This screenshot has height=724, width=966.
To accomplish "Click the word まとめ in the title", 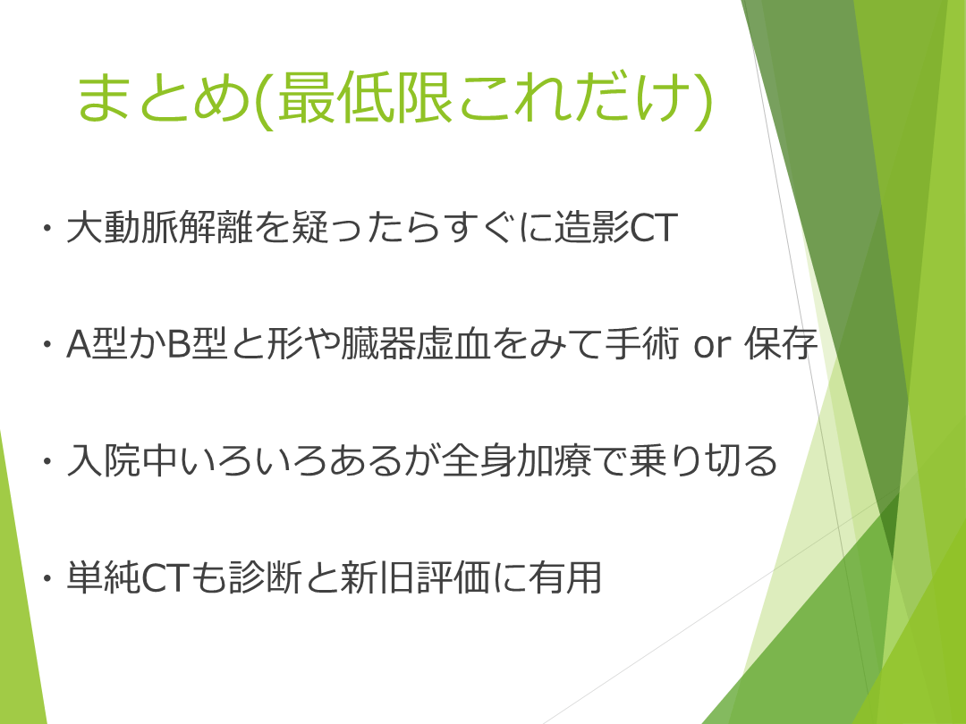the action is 164,97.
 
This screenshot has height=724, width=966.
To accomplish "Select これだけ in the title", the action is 573,97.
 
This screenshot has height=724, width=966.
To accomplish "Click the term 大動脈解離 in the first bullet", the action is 159,227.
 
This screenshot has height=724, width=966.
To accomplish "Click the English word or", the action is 712,346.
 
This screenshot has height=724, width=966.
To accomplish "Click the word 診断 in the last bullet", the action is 264,577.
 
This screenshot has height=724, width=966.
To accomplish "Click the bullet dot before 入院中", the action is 47,461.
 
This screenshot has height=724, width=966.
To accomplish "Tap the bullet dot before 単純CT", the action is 47,578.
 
